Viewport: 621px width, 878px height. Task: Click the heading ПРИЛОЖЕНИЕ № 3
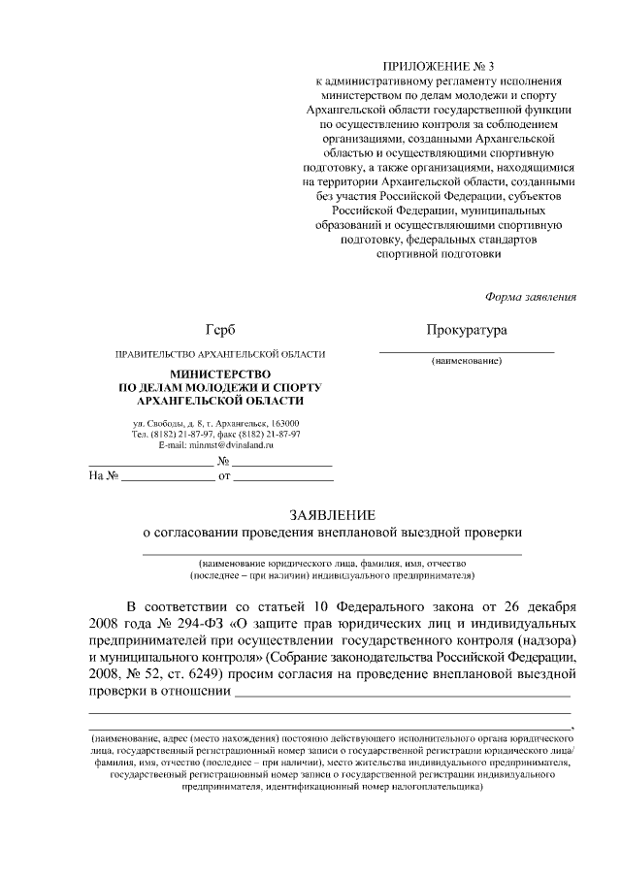439,65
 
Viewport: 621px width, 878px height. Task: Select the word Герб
219,331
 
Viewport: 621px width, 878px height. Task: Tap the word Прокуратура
466,331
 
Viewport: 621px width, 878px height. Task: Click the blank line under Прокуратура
466,349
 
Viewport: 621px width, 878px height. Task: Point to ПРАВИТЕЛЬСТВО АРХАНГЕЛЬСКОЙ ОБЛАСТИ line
219,354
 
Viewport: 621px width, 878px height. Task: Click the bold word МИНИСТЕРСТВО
220,374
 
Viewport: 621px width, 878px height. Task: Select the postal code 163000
285,423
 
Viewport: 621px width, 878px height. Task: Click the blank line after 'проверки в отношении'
402,696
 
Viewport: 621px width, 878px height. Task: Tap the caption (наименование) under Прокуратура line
466,361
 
